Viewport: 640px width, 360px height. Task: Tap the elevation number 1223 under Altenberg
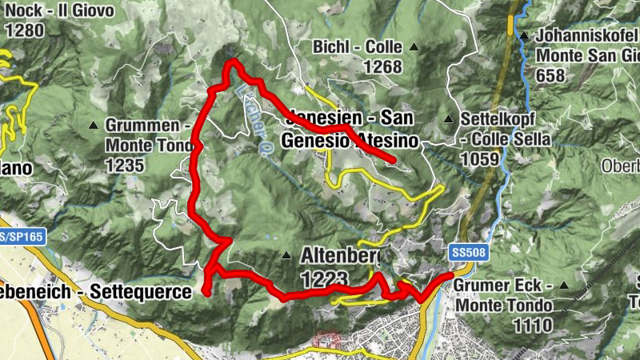325,278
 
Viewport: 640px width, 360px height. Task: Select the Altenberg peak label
340,257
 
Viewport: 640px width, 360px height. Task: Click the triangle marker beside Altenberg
286,256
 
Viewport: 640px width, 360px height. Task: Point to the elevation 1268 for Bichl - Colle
382,67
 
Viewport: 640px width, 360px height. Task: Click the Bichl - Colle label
358,47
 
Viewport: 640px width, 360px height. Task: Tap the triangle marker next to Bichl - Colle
414,47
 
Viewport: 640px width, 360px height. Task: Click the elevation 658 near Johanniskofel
550,76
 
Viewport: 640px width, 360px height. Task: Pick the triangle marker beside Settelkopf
448,120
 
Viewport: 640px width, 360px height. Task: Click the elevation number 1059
481,158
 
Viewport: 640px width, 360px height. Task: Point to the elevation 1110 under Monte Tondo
534,326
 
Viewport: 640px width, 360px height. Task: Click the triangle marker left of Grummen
94,126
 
